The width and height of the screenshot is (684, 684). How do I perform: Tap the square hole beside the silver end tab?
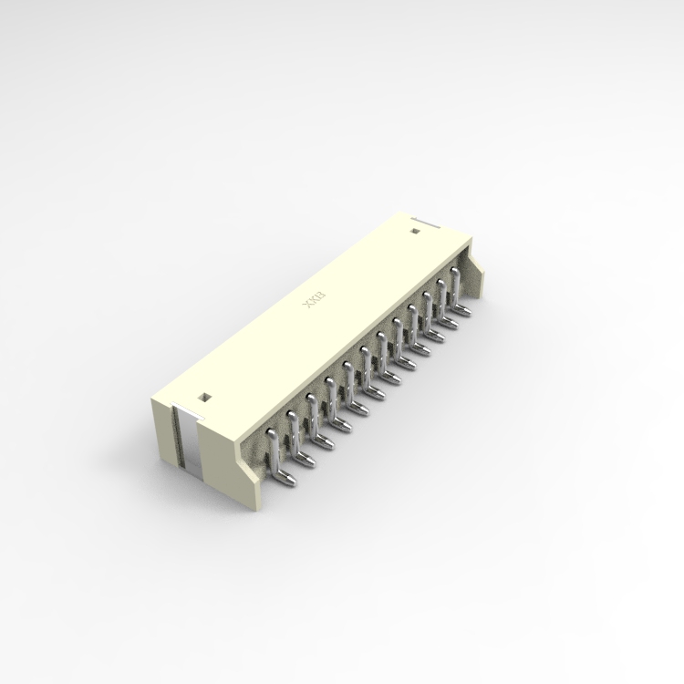204,397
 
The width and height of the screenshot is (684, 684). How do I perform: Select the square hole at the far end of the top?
414,232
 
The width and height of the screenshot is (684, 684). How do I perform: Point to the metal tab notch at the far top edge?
422,220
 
